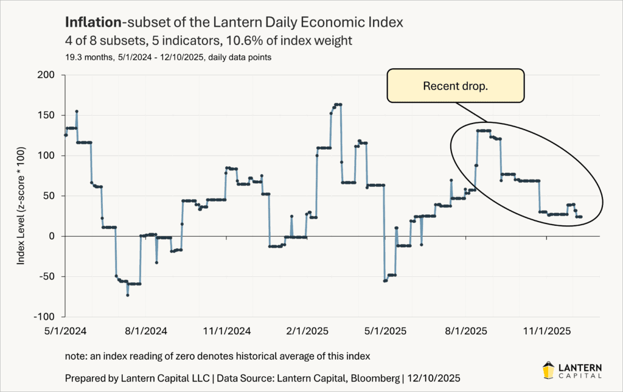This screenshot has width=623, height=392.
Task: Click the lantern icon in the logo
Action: [x=548, y=369]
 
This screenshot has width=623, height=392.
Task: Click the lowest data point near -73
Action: [x=128, y=295]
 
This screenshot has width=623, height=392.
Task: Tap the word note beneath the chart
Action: [x=75, y=354]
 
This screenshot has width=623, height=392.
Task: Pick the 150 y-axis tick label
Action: [x=46, y=115]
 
